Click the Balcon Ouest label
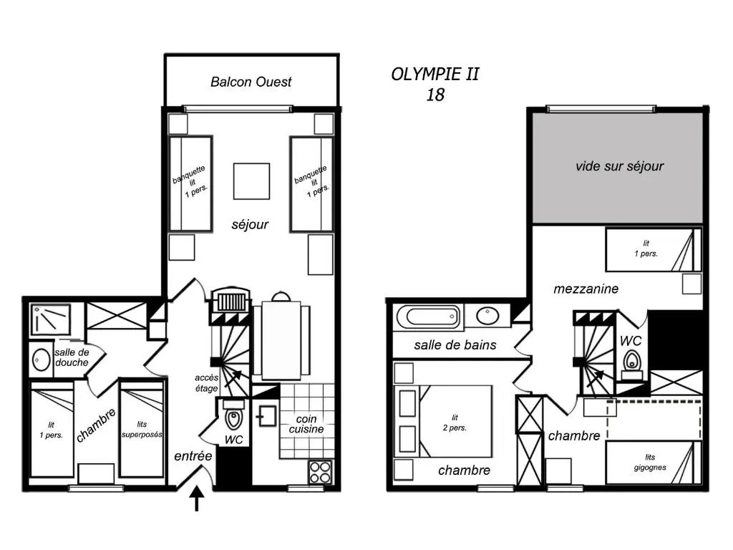tap(251, 82)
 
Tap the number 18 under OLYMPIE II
tap(435, 95)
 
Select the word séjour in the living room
tap(250, 224)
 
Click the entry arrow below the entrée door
tap(197, 498)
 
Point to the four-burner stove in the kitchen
tap(320, 472)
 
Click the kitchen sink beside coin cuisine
tap(266, 416)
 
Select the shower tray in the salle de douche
tap(51, 320)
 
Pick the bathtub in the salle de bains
tap(428, 317)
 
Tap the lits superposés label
tap(142, 430)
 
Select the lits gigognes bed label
tap(650, 462)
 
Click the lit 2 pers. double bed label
tap(455, 423)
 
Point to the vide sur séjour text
tap(619, 166)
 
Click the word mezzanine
tap(586, 289)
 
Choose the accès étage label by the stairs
tap(207, 383)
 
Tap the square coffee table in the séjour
tap(251, 181)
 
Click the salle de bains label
tap(455, 345)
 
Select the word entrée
tap(193, 456)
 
